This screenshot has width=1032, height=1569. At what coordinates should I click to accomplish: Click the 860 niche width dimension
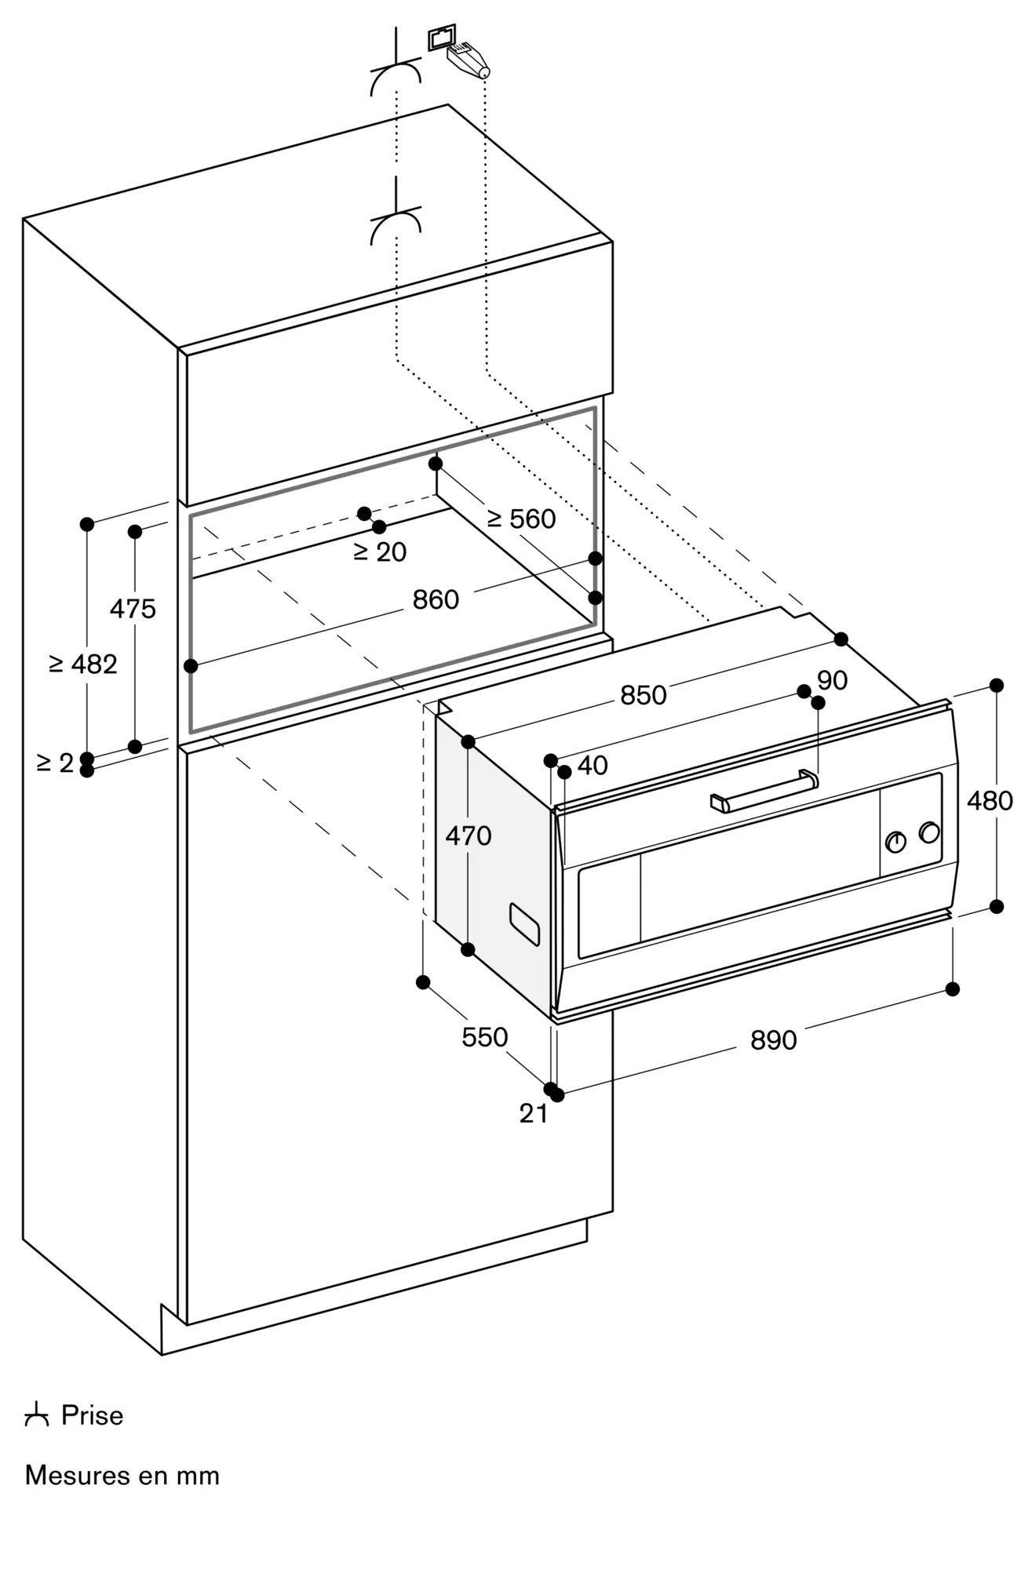(436, 600)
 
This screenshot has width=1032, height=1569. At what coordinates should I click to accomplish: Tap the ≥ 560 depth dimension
(522, 519)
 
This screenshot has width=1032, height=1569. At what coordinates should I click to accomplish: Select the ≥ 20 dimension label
(381, 552)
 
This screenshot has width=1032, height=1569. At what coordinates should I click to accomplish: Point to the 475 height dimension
(133, 608)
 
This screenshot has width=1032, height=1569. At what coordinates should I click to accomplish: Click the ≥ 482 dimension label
(82, 664)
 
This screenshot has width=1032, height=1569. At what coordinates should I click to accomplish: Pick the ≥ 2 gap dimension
(55, 763)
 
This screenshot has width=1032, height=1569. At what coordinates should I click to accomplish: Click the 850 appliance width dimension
(644, 695)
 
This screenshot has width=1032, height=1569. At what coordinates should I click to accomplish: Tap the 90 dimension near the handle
(832, 680)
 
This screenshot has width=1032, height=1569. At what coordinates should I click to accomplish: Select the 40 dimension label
(593, 765)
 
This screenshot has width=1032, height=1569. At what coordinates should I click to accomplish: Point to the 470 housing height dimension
(469, 835)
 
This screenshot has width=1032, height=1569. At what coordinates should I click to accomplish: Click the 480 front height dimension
(990, 801)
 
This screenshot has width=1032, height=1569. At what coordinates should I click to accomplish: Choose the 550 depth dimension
(485, 1037)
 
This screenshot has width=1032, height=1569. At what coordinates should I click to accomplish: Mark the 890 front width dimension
(774, 1040)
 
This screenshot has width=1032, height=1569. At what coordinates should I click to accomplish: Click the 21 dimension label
(534, 1113)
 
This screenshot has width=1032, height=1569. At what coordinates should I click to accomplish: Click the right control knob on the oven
(929, 832)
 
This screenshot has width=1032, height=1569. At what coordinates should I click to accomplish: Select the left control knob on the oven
(895, 842)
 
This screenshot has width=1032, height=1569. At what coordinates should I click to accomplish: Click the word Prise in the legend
(92, 1416)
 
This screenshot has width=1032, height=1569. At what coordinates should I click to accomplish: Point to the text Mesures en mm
(122, 1476)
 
